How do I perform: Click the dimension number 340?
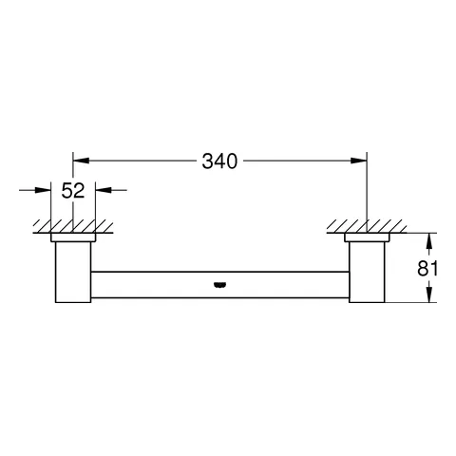(219, 161)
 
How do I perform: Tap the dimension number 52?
(73, 190)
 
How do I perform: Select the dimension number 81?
(427, 268)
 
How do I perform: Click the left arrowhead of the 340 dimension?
(81, 161)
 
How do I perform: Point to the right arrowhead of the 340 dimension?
(358, 161)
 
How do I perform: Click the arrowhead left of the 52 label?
(43, 190)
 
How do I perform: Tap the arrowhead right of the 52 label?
(104, 190)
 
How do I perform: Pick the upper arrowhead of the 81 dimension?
(428, 241)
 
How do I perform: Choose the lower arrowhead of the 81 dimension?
(428, 294)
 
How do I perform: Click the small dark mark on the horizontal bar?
(219, 285)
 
